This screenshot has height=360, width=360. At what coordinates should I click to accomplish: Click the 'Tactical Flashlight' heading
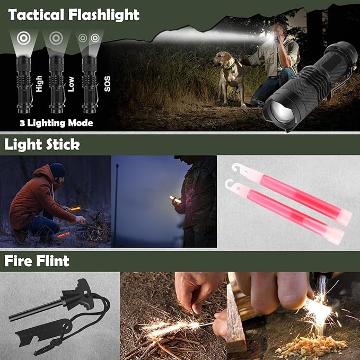click(74, 14)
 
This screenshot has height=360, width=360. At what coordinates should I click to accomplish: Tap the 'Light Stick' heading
click(42, 144)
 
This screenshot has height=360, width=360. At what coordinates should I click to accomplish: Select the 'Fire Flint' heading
click(37, 261)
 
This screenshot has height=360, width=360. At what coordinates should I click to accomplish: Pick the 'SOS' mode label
click(107, 85)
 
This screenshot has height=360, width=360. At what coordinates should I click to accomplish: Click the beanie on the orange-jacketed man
click(58, 170)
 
